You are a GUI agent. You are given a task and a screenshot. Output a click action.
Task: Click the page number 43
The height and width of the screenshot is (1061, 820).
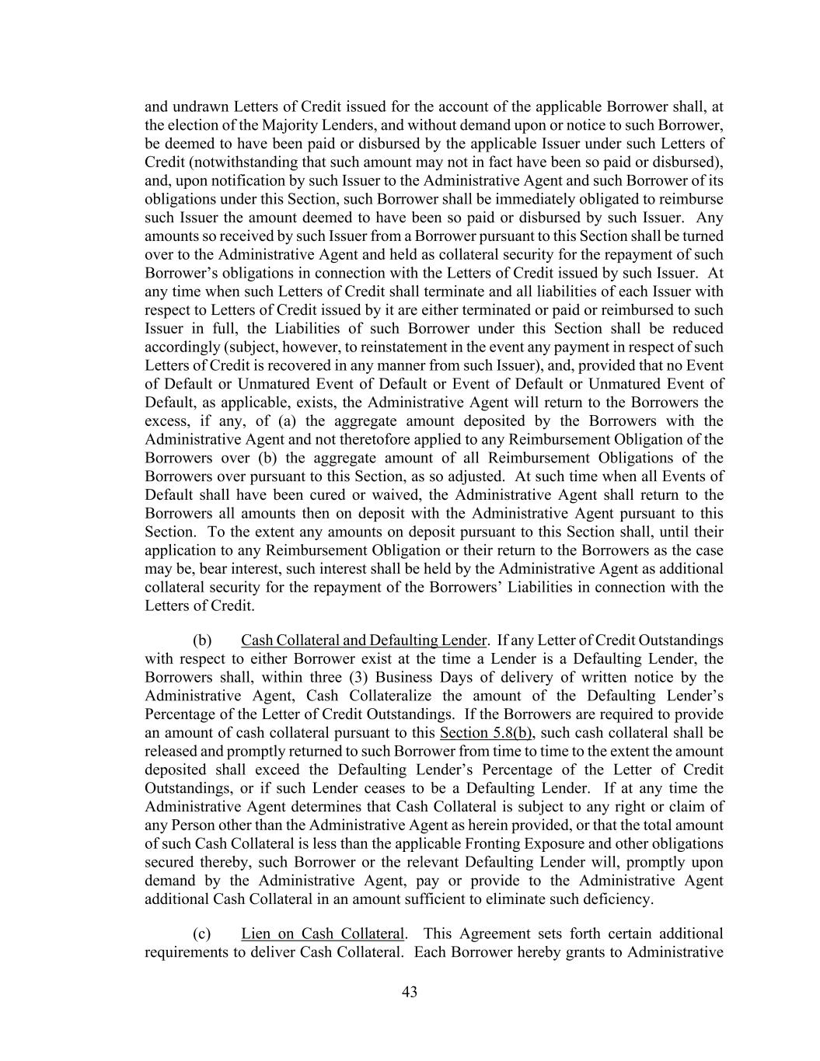point(410,992)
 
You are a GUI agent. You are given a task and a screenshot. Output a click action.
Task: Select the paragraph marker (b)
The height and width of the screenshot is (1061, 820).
point(202,640)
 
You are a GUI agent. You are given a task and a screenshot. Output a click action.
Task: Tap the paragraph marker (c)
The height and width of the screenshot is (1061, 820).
point(202,934)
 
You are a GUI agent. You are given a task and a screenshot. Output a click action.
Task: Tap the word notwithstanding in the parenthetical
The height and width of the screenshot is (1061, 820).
point(229,162)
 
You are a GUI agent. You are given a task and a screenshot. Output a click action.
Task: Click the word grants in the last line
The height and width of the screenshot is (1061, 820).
point(583,952)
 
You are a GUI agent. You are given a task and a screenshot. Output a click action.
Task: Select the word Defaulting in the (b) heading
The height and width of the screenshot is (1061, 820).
point(404,640)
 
